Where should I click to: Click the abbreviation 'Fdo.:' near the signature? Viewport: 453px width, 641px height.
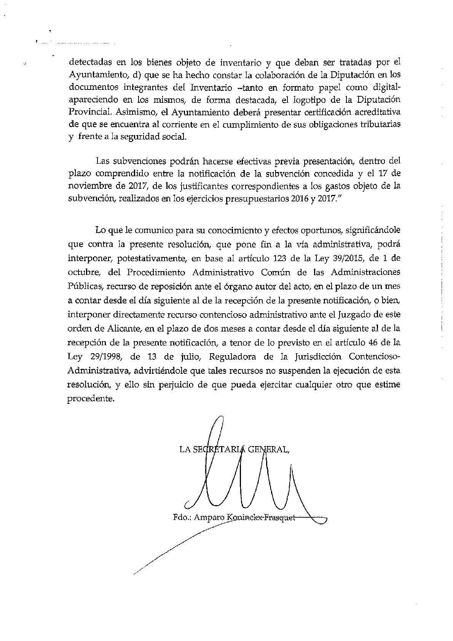(182, 518)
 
